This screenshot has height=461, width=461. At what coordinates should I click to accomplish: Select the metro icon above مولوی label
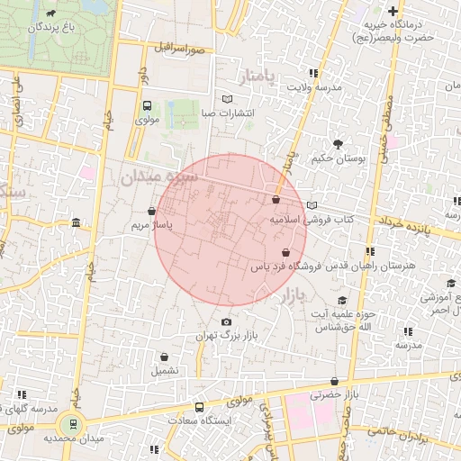click(x=146, y=104)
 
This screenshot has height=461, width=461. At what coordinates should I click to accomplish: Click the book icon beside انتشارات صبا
click(x=227, y=100)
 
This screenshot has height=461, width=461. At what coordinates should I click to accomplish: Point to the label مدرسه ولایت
click(x=315, y=87)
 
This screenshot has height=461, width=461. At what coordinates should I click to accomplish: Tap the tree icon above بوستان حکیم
click(x=338, y=144)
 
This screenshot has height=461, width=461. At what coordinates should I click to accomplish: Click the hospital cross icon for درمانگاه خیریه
click(x=393, y=11)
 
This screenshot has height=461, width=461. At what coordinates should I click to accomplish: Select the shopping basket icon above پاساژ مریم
click(x=162, y=211)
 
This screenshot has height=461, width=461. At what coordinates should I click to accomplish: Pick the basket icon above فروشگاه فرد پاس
click(x=285, y=253)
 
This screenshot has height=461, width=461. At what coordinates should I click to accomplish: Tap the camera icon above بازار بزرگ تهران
click(x=226, y=322)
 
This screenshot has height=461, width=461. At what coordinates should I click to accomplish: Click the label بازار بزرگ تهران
click(x=227, y=336)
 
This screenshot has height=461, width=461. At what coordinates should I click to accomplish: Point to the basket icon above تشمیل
click(x=164, y=357)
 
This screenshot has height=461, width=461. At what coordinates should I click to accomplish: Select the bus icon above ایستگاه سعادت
click(x=199, y=407)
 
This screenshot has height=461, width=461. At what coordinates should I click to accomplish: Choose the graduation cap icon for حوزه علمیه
click(x=342, y=301)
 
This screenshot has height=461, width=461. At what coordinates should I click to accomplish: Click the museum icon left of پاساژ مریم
click(x=75, y=222)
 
